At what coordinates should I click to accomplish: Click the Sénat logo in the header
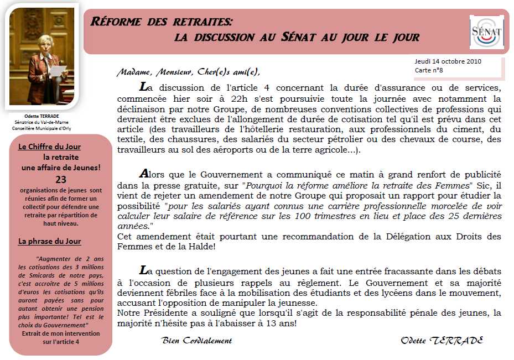pyautogui.click(x=486, y=32)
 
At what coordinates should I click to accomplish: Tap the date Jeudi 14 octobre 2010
pyautogui.click(x=448, y=61)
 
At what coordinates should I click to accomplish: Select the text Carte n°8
pyautogui.click(x=429, y=70)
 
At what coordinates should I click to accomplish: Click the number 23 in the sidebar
pyautogui.click(x=61, y=179)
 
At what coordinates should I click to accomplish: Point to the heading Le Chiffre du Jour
pyautogui.click(x=49, y=147)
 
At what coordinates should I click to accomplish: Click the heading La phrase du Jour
pyautogui.click(x=49, y=241)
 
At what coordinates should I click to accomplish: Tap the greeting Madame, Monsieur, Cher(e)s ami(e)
pyautogui.click(x=188, y=72)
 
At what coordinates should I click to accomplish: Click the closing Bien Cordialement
pyautogui.click(x=196, y=341)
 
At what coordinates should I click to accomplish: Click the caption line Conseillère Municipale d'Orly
pyautogui.click(x=41, y=128)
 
